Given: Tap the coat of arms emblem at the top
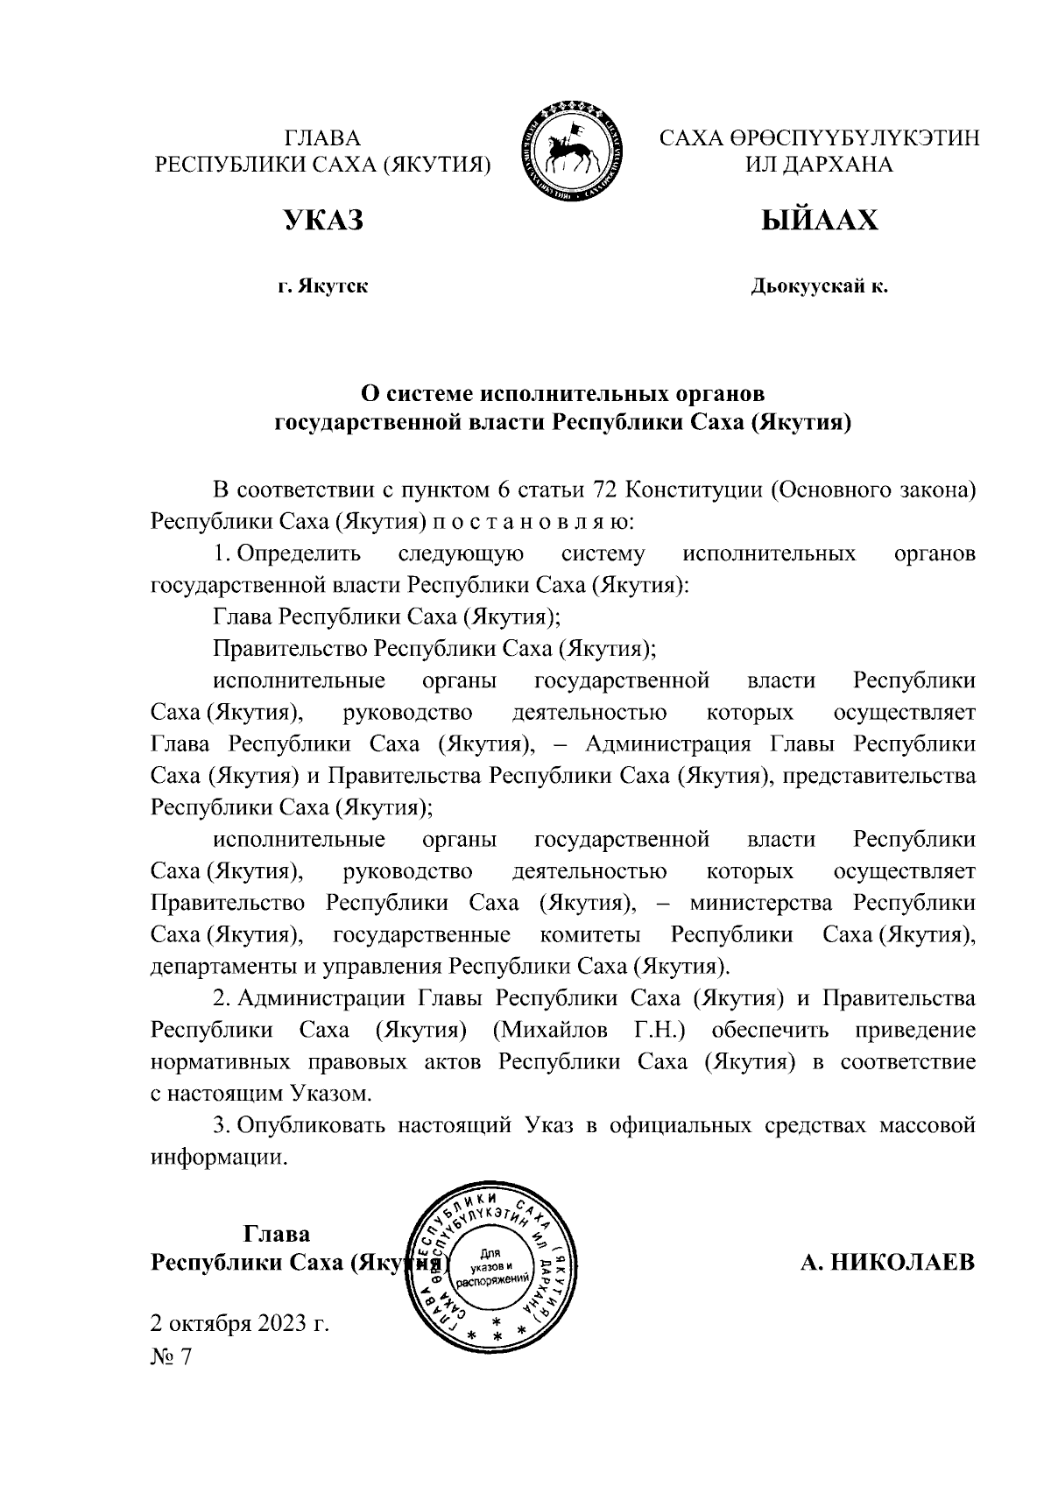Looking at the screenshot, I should click(x=573, y=152).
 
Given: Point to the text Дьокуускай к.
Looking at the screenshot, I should click(x=819, y=286).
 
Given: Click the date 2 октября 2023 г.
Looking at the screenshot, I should click(x=240, y=1322).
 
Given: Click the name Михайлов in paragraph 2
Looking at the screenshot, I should click(x=549, y=1031).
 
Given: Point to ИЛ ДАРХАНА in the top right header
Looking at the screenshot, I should click(x=819, y=165).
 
